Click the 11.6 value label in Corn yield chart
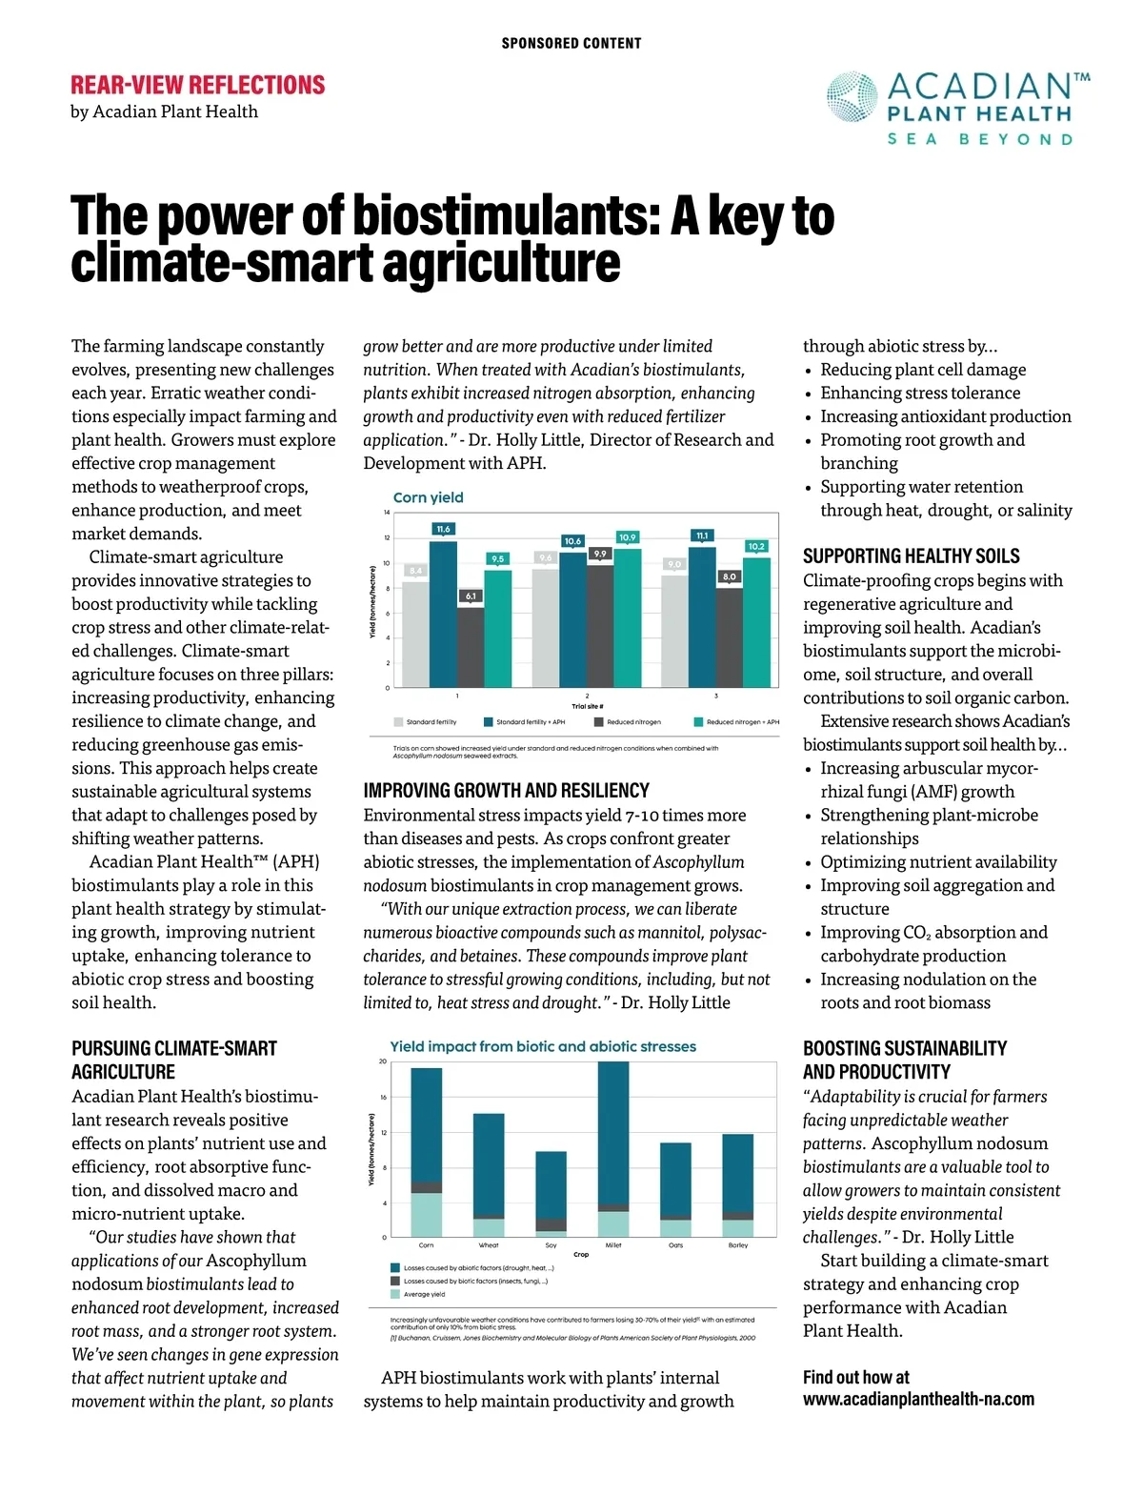tap(443, 529)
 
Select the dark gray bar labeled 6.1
tap(471, 648)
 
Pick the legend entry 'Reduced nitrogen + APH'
tap(742, 722)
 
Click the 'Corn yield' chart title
tap(428, 497)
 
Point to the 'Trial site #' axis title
tap(587, 707)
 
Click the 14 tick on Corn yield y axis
tap(387, 513)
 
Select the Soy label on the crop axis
tap(551, 1245)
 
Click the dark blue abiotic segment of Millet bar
tap(613, 1134)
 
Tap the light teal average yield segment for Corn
tap(426, 1215)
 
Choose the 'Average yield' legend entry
tap(424, 1294)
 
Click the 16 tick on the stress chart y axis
tap(383, 1098)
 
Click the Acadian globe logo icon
tap(852, 98)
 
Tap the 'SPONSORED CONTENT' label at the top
tap(571, 44)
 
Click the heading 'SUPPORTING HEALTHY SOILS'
tap(911, 556)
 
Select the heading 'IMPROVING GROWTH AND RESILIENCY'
tap(506, 791)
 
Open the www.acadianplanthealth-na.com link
tap(918, 1400)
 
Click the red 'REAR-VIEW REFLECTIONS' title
tap(198, 86)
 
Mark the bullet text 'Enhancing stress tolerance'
tap(920, 393)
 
